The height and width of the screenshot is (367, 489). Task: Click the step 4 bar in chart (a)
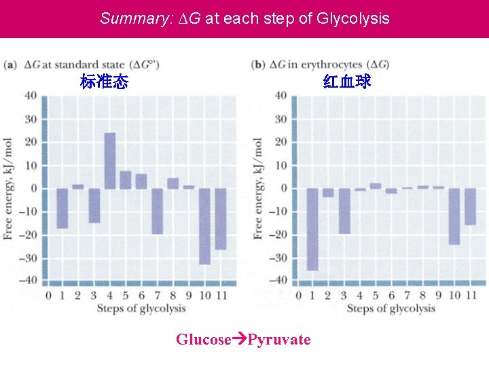click(109, 161)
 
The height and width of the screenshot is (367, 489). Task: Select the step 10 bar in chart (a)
click(204, 226)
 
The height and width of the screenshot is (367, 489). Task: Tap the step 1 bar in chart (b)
click(312, 229)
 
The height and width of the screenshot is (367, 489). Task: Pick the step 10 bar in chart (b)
click(454, 216)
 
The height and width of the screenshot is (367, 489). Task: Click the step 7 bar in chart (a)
click(158, 211)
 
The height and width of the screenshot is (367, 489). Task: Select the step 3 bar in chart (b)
click(344, 211)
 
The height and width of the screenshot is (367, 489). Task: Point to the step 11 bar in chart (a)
click(221, 218)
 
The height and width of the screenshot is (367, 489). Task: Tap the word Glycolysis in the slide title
click(353, 18)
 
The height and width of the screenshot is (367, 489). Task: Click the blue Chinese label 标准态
click(104, 82)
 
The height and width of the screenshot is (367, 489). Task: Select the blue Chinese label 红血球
click(347, 82)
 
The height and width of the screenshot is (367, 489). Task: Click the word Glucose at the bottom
click(203, 339)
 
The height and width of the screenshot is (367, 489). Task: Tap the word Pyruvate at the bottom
click(279, 339)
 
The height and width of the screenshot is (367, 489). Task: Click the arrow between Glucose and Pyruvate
click(239, 339)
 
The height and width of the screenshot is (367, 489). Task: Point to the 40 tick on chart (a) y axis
click(31, 95)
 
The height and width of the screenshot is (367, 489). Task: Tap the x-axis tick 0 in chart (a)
click(48, 296)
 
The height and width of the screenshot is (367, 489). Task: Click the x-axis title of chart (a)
click(141, 309)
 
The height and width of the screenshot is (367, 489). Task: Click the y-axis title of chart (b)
click(258, 188)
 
